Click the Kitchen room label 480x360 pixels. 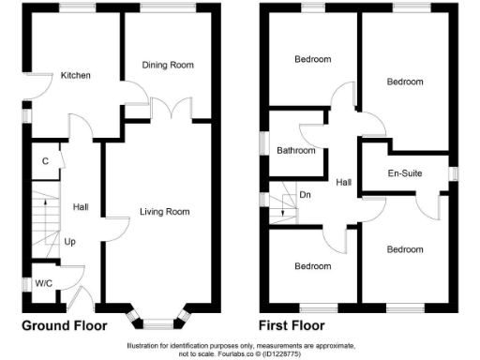tap(76, 75)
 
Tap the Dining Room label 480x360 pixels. tap(168, 65)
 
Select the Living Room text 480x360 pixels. tap(164, 212)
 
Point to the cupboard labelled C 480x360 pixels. tap(45, 160)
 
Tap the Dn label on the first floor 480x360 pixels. tap(305, 196)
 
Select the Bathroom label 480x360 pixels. tap(295, 150)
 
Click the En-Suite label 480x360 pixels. tap(406, 173)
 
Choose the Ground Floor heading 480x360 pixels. tap(65, 326)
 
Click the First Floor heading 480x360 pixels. tap(293, 326)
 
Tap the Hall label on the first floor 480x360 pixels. tap(344, 183)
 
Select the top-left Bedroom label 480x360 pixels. tap(312, 60)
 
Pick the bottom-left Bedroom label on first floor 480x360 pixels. tap(312, 266)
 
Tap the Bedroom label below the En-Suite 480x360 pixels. tap(405, 249)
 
